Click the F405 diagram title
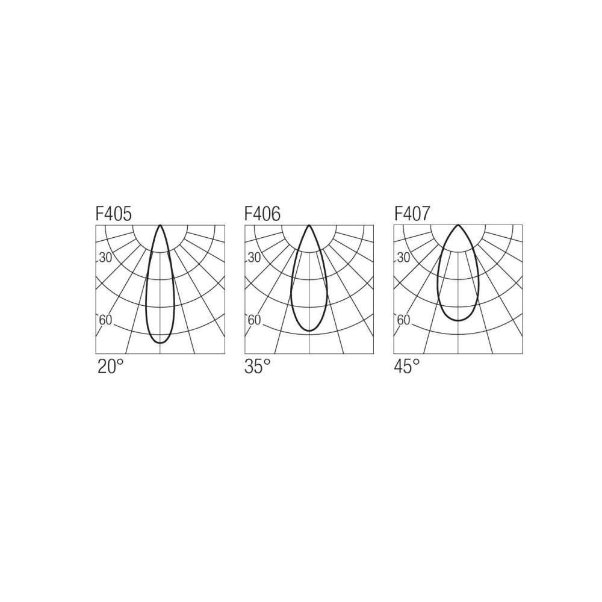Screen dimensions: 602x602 pos(114,214)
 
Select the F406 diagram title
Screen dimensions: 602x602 pos(262,214)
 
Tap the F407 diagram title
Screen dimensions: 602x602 pos(412,214)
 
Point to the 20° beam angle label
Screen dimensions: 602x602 pos(111,366)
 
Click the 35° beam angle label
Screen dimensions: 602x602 pos(258,366)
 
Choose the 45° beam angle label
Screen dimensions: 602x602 pos(407,366)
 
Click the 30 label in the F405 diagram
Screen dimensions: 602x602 pos(105,258)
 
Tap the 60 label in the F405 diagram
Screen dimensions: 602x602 pos(105,320)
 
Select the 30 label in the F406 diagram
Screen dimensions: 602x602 pos(255,258)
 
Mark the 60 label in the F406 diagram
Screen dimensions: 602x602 pos(255,320)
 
